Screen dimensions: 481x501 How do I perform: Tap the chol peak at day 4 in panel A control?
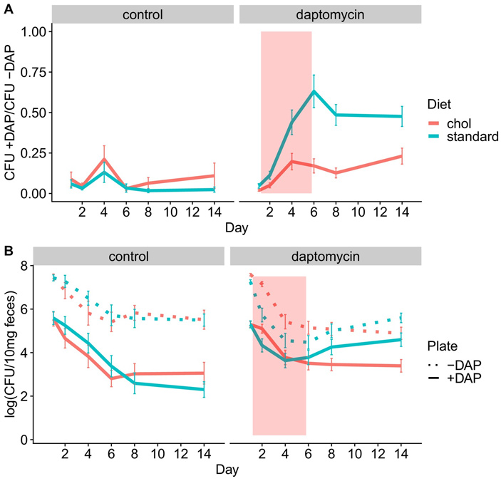pyautogui.click(x=104, y=159)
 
